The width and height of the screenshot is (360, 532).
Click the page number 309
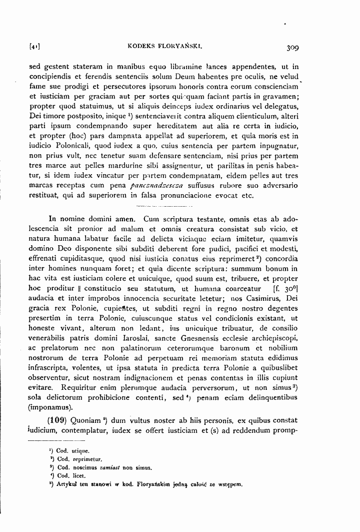point(289,48)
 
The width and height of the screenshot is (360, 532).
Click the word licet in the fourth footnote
point(77,475)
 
